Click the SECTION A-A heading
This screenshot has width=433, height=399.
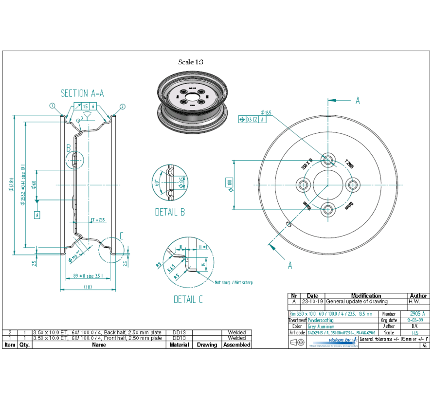(x=82, y=93)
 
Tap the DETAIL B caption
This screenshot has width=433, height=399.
(x=170, y=212)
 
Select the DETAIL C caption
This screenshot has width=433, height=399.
(x=188, y=299)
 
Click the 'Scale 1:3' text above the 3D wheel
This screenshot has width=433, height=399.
(x=190, y=62)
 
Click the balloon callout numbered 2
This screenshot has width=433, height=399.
(x=122, y=107)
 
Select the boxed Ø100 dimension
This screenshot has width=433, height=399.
(x=229, y=184)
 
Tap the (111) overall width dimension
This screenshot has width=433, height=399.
(x=88, y=287)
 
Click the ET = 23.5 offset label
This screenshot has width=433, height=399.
(x=98, y=220)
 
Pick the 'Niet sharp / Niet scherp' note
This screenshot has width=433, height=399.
(x=234, y=282)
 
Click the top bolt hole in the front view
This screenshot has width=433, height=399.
(x=328, y=160)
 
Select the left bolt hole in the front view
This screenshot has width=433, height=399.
(x=304, y=184)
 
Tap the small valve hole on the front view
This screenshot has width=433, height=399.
(x=289, y=224)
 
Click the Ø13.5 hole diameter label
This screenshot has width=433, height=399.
(x=266, y=113)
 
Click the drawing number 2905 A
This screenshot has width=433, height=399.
(x=417, y=314)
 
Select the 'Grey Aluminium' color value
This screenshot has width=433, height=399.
(x=321, y=327)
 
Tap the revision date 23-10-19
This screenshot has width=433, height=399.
(x=312, y=302)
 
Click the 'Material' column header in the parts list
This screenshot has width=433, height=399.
(x=179, y=345)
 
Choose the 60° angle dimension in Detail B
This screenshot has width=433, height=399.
(x=157, y=183)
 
